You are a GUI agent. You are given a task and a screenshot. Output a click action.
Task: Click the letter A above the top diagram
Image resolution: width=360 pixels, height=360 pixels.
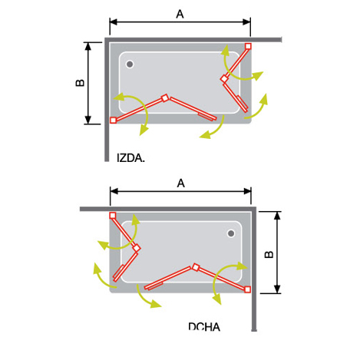coord(180,14)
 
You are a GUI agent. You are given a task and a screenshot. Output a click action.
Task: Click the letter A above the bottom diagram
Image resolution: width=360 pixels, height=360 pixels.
coord(180,183)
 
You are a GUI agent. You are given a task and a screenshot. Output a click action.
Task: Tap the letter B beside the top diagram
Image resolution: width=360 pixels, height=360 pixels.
coord(80,83)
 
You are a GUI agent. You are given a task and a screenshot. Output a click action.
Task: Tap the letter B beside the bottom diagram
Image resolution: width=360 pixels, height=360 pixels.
coord(269,254)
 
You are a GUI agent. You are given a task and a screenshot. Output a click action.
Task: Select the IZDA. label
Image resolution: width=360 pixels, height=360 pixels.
coord(130,158)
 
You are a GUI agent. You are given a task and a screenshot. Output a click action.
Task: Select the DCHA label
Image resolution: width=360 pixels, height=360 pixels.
coord(204,327)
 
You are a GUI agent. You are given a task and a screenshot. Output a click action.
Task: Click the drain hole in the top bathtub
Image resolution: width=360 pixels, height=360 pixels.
coord(130,64)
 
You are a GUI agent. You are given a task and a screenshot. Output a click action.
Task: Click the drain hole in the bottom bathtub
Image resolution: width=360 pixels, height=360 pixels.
coord(231,233)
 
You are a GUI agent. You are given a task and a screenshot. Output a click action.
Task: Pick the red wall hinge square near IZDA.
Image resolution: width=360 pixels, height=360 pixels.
coord(113,120)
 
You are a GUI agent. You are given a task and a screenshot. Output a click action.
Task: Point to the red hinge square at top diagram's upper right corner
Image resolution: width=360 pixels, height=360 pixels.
coord(248,46)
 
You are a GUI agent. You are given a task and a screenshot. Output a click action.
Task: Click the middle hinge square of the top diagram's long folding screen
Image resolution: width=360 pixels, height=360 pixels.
coord(165,98)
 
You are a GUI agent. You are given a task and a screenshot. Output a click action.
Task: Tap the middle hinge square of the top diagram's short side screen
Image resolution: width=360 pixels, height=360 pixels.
coord(224,79)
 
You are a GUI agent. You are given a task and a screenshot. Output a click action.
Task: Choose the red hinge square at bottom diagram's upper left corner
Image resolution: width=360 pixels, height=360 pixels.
coord(113,216)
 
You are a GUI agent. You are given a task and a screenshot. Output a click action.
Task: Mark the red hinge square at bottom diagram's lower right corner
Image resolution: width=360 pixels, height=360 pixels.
coord(247,289)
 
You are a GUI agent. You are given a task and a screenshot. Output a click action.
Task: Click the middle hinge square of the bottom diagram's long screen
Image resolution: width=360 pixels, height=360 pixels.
coord(196,267)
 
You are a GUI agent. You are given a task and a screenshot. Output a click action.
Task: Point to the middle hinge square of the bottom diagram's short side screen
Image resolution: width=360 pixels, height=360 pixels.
coord(137,248)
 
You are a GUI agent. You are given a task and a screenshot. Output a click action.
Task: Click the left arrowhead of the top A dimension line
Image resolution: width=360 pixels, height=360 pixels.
coord(114,22)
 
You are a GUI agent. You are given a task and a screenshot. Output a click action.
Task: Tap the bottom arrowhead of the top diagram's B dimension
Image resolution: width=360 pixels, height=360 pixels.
coord(88,120)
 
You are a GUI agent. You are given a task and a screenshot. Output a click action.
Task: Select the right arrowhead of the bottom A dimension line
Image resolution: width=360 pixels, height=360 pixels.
coord(247,191)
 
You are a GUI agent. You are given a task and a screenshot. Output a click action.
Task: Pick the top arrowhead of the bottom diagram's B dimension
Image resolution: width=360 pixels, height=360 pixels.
coord(277,216)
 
